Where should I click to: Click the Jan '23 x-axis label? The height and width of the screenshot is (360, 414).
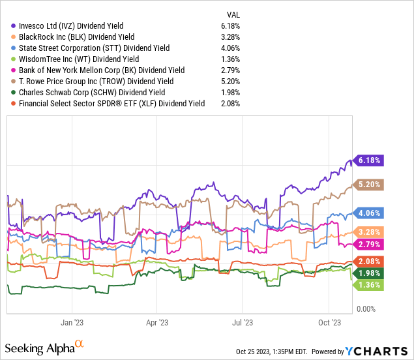coord(72,322)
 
